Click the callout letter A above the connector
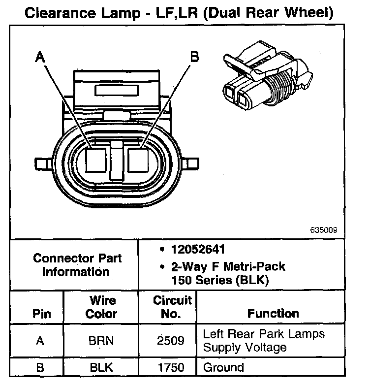[40, 58]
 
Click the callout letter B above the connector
[195, 57]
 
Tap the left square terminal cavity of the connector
[96, 160]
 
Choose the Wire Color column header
[102, 307]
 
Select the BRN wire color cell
[102, 341]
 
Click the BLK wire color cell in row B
[102, 367]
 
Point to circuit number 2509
[171, 341]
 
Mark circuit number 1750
[171, 367]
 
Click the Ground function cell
[223, 367]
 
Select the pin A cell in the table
[40, 341]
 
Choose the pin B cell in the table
[40, 367]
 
